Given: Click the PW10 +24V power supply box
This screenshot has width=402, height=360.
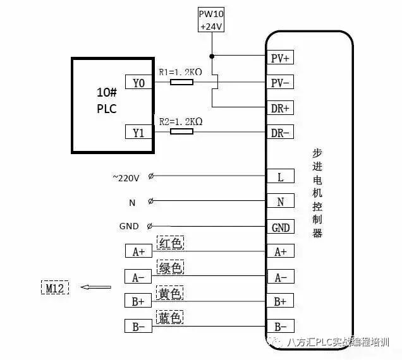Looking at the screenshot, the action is (211, 20).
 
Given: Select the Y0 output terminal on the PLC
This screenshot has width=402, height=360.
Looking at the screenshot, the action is (138, 82).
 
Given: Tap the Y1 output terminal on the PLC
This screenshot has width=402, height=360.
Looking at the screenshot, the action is (138, 132).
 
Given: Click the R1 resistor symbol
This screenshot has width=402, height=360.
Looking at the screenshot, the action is (181, 82).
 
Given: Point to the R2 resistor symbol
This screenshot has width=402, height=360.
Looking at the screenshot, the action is (181, 131).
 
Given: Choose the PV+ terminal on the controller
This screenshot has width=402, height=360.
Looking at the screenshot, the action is (280, 57).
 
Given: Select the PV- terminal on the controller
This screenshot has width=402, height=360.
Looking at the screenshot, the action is (280, 82).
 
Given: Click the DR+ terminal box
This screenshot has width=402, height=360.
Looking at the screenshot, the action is (280, 108).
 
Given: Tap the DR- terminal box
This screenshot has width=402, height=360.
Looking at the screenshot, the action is (280, 132).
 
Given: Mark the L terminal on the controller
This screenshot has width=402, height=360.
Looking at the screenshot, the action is (281, 176).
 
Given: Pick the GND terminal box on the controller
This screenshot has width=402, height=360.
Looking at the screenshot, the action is (281, 227).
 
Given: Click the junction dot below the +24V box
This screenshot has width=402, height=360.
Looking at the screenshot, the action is (212, 56).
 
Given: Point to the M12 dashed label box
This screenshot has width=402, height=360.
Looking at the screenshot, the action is (55, 287).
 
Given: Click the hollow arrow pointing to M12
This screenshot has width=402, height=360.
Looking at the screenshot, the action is (96, 287).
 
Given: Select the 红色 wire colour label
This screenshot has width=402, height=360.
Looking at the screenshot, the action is (170, 243).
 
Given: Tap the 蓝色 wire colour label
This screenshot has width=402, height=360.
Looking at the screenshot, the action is (170, 317).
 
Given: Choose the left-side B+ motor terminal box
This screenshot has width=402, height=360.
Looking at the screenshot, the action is (138, 300).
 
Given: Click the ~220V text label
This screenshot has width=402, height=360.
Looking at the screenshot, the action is (126, 178).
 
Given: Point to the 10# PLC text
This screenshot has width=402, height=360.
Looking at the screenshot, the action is (107, 100).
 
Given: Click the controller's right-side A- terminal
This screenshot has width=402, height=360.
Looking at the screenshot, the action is (281, 276).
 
